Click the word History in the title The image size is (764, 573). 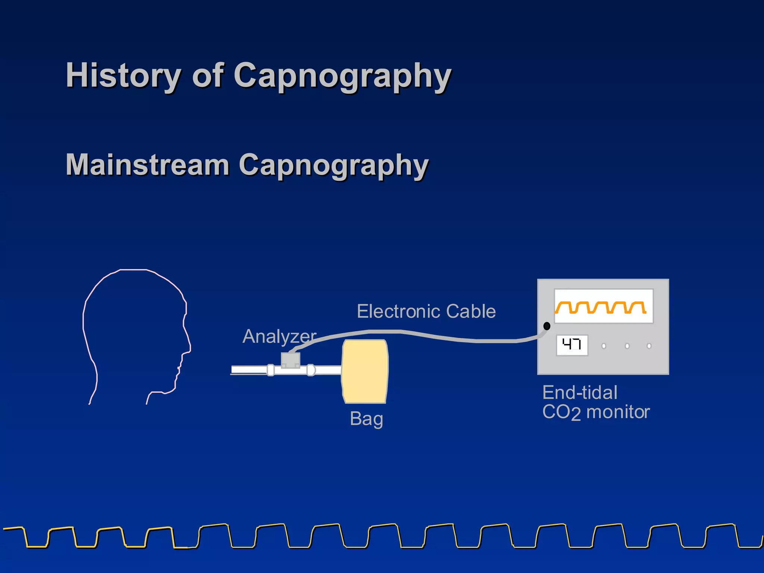123,76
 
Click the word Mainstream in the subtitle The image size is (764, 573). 147,165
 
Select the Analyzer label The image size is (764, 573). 279,336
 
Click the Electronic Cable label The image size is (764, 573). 426,311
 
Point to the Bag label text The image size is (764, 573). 366,419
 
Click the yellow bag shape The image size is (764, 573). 365,371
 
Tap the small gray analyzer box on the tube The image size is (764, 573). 290,360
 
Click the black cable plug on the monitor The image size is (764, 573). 547,326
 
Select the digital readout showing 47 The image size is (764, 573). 572,345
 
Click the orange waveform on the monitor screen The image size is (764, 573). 601,307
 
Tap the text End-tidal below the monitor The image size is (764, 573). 580,393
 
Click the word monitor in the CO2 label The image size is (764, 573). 618,413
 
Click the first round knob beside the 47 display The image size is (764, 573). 604,346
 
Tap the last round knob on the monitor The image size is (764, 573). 649,346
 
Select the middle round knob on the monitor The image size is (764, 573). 627,346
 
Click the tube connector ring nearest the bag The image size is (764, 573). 311,370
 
